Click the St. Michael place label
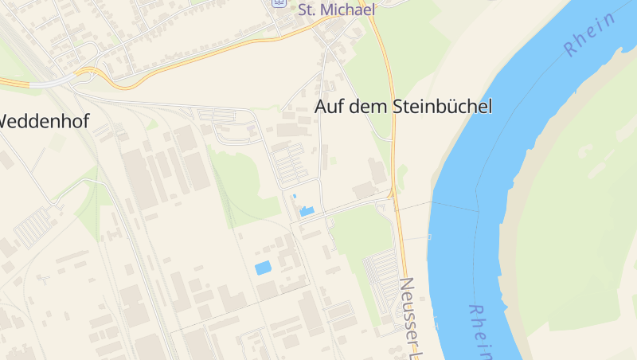pos(336,10)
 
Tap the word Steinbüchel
pos(443,106)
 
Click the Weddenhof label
pos(44,121)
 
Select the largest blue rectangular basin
pos(263,268)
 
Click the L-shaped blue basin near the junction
pos(306,211)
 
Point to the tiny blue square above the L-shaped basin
pos(294,195)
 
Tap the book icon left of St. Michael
pos(278,2)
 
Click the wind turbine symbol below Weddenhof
pos(43,278)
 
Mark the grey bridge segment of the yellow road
pos(48,82)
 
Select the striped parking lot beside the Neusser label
pos(381,275)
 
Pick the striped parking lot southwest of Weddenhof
pos(32,226)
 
